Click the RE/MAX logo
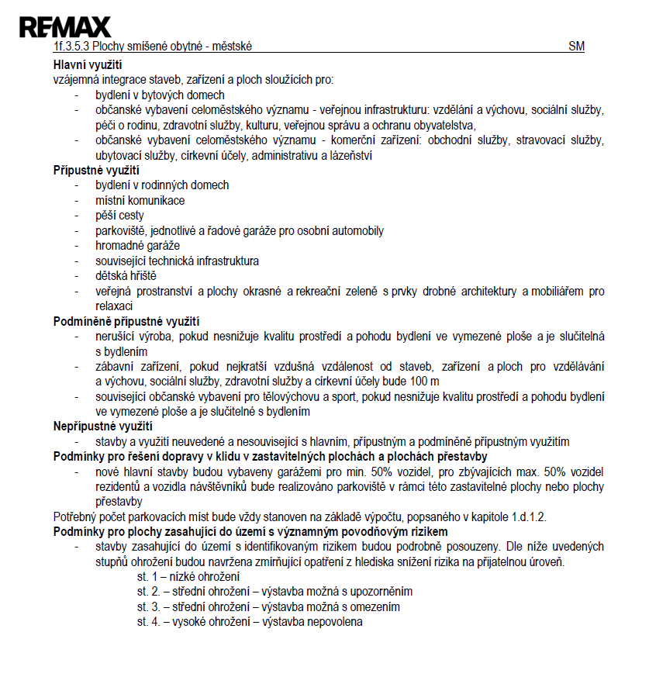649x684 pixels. [x=65, y=27]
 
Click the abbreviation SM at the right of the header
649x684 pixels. [x=576, y=47]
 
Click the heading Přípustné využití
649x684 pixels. [x=96, y=171]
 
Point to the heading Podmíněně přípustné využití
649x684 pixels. [x=126, y=321]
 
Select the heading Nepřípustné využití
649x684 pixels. [x=103, y=426]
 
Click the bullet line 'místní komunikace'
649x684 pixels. [x=140, y=200]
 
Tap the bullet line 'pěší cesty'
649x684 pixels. [x=119, y=216]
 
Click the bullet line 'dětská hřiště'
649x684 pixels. [x=127, y=275]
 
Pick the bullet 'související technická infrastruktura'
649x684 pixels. [x=177, y=261]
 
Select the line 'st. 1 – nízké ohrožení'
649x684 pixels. [x=188, y=577]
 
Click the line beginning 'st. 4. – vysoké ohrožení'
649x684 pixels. [x=250, y=622]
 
